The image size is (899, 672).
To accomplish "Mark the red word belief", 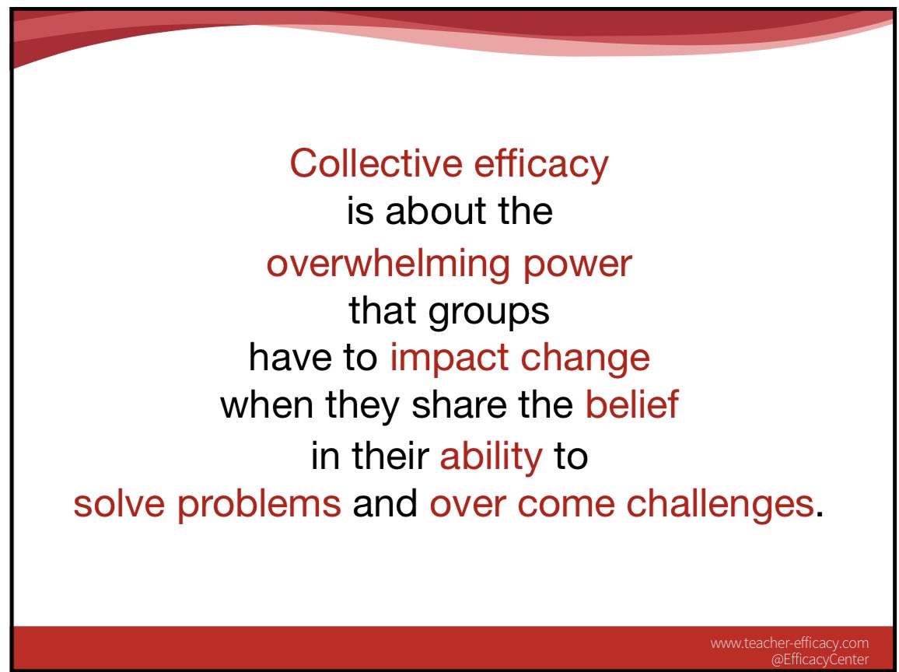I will point(631,406).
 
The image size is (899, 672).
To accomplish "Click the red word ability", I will point(490,457).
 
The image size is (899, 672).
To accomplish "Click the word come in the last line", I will point(570,505).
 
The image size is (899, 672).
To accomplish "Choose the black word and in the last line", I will point(385,505).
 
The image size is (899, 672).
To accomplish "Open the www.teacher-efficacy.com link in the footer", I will point(789,643).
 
